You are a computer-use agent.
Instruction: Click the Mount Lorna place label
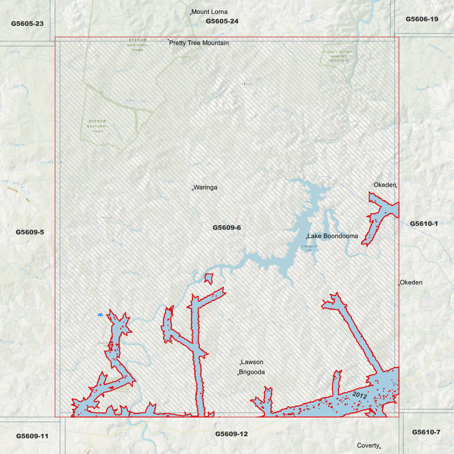pos(209,12)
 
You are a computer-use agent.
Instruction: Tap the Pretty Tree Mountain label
pos(199,43)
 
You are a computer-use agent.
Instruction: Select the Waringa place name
pos(205,188)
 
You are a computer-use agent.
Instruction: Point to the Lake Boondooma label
pos(332,236)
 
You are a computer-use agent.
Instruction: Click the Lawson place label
pos(252,362)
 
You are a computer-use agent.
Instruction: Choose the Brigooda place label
pos(252,372)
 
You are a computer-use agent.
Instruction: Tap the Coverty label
pos(368,445)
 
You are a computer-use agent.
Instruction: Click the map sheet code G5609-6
pos(227,227)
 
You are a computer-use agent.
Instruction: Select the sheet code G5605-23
pos(27,24)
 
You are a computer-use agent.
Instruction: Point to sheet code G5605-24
pos(222,21)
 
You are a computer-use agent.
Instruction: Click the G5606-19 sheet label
pos(422,19)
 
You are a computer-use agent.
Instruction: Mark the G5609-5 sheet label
pos(30,232)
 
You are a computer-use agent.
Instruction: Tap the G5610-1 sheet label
pos(424,224)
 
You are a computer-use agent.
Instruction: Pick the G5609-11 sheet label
pos(32,436)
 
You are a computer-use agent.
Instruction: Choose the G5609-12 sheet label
pos(231,434)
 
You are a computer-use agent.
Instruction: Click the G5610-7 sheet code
pos(426,432)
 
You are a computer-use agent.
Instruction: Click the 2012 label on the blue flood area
pos(359,395)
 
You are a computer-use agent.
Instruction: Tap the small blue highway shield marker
pos(100,315)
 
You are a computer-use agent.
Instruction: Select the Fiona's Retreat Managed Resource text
pos(339,56)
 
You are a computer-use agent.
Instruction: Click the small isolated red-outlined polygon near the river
pos(209,278)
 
